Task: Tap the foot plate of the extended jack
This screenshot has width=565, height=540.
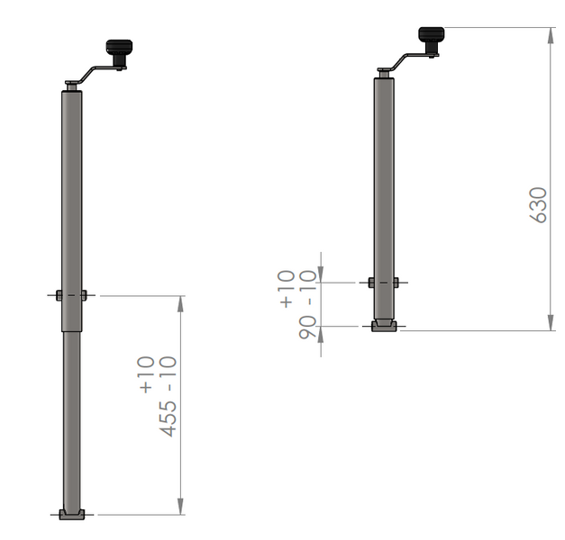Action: (x=72, y=514)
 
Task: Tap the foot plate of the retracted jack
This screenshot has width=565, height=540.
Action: (x=384, y=325)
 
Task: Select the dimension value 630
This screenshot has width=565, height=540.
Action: (x=538, y=205)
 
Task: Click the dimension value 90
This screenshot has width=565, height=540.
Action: (x=308, y=327)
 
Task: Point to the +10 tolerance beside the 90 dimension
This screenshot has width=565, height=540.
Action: (x=287, y=290)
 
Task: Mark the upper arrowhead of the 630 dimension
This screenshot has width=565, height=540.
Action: (x=550, y=34)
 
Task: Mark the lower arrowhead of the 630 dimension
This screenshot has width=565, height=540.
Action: (x=550, y=323)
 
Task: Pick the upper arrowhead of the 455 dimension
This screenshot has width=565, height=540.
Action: (x=181, y=303)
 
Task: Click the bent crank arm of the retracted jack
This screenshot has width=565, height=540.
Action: (x=405, y=59)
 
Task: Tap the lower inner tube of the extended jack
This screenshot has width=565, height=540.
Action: (x=72, y=414)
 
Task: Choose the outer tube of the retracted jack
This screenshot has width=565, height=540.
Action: (x=384, y=180)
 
